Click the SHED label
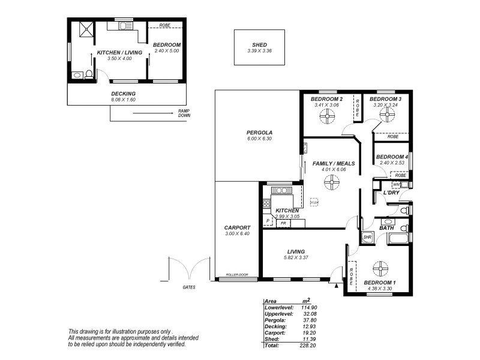(x=259, y=44)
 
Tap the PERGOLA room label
(x=259, y=133)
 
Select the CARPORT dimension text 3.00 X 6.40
(x=237, y=233)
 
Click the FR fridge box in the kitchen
(x=283, y=223)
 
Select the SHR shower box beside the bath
(x=368, y=238)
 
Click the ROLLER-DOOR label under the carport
(x=237, y=275)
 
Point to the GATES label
(x=188, y=287)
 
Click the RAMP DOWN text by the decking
(x=184, y=114)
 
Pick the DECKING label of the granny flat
(x=123, y=94)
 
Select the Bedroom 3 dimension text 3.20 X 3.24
(x=385, y=105)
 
